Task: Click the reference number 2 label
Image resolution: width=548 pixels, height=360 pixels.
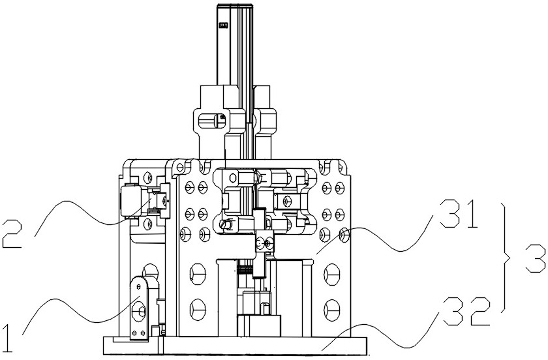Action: pos(12,234)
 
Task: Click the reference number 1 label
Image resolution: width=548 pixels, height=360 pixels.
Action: pos(8,338)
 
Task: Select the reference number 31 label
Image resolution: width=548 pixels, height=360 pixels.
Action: pos(459,213)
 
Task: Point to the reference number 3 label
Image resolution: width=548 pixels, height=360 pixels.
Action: pos(536,259)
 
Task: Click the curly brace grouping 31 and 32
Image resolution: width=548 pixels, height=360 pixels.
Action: pos(506,258)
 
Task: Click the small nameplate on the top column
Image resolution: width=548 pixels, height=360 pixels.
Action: pos(223,25)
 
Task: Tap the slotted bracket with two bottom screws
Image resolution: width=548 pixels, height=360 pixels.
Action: pos(139,308)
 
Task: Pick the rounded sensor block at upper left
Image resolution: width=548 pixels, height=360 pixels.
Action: pos(130,201)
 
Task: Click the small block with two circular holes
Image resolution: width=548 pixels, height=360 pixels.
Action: pos(264,242)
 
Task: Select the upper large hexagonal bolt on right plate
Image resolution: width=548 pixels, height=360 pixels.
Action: pos(332,274)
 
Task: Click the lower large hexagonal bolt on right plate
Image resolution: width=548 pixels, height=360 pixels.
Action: pos(332,310)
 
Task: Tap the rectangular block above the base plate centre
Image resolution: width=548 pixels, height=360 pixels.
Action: pos(259,325)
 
